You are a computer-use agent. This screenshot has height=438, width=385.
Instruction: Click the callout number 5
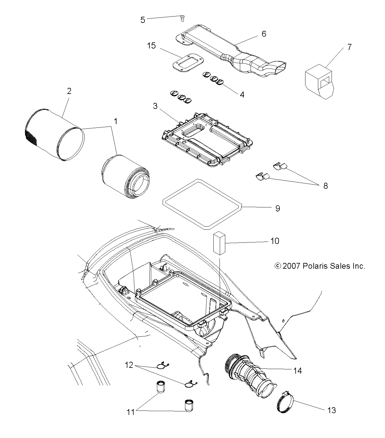[x=143, y=20]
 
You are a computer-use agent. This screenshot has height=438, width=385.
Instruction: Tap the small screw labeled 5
[x=182, y=18]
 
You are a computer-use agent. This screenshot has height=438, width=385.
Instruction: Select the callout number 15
[x=151, y=46]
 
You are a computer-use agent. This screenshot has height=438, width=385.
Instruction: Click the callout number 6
[x=264, y=34]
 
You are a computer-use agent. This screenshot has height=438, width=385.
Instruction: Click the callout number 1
[x=116, y=121]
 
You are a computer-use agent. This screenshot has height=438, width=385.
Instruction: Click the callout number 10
[x=275, y=241]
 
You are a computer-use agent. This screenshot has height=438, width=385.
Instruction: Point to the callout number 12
[x=129, y=365]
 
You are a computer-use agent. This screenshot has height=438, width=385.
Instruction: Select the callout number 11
[x=130, y=412]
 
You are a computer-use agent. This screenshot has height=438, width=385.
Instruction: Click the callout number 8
[x=325, y=186]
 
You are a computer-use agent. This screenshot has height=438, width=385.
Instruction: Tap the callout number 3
[x=155, y=106]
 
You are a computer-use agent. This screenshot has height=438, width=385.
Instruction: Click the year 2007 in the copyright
[x=291, y=266]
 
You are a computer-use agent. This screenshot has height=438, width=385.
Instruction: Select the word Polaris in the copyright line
[x=314, y=266]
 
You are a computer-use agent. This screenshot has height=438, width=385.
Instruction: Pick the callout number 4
[x=242, y=95]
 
